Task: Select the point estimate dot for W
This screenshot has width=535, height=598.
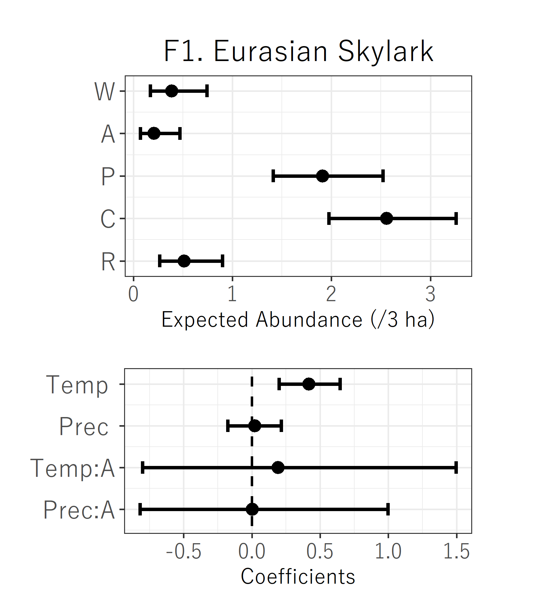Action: (172, 91)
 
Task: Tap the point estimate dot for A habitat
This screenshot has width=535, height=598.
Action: (154, 134)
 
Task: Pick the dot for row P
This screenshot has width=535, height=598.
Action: (323, 176)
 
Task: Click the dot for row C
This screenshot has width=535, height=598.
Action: (386, 218)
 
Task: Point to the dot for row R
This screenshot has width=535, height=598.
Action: (184, 261)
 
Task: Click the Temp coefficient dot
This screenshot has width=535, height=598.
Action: (309, 384)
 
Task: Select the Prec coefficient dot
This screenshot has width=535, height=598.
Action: (254, 426)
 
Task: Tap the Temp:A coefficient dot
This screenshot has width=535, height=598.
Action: (278, 467)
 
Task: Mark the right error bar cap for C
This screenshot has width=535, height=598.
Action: (456, 218)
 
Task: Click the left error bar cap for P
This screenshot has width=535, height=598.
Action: (273, 176)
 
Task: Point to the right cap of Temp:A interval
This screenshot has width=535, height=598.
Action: (456, 467)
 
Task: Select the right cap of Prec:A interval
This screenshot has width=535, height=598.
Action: (388, 509)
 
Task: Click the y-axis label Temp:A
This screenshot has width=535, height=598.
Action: (72, 468)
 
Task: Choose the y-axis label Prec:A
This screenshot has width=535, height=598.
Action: (79, 510)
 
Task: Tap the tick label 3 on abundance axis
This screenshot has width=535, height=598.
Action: (430, 294)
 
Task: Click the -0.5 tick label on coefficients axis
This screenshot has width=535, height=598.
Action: (184, 552)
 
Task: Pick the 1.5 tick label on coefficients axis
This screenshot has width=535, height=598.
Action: (456, 552)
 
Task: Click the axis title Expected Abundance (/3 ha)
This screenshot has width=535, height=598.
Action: (298, 320)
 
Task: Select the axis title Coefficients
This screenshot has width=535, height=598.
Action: (298, 577)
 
